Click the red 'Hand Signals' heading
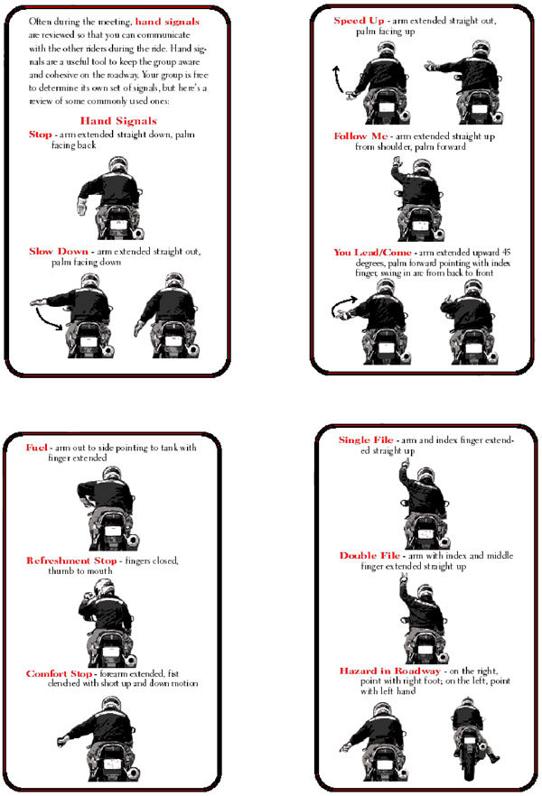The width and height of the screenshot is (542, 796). pos(118,121)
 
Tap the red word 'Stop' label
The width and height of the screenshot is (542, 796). pos(40,134)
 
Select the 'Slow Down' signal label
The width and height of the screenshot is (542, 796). pos(59,251)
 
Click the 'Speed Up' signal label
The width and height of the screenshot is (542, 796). pos(359,20)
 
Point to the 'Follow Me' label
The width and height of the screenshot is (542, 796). pos(360,136)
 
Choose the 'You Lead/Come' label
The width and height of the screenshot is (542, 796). pos(372,253)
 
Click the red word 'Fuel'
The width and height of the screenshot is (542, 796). pos(36,448)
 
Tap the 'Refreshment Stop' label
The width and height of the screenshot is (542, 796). pos(71,560)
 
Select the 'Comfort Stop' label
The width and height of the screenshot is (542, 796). pos(59,673)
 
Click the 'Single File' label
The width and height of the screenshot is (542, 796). pos(366,440)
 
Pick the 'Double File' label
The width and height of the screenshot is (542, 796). pos(369,555)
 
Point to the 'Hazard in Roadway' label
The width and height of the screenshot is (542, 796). pos(389,671)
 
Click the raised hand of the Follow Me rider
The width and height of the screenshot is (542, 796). pos(397,163)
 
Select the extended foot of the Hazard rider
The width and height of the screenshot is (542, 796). pos(493,758)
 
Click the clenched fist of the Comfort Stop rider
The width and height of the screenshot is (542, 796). pos(62,740)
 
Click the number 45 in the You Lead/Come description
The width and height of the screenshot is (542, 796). pos(506,253)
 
